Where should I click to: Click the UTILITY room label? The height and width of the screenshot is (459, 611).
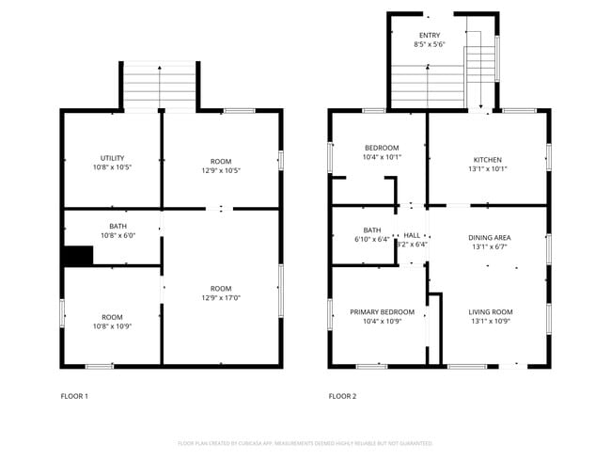(x=113, y=158)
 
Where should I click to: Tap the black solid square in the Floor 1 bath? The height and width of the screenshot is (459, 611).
(x=77, y=256)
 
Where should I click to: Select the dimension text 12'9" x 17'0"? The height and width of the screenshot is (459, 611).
(x=221, y=299)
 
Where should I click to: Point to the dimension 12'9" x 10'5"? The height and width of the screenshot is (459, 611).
(x=221, y=170)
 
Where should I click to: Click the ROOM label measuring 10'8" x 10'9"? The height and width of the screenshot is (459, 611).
(x=113, y=317)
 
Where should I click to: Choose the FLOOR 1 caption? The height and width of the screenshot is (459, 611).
(x=74, y=396)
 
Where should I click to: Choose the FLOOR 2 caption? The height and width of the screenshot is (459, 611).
(x=342, y=396)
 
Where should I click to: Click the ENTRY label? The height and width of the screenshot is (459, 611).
(x=429, y=36)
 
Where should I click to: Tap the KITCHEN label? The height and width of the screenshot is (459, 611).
(x=487, y=159)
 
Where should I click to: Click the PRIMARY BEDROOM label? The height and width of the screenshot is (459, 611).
(x=382, y=311)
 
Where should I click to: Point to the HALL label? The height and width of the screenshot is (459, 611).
(x=412, y=234)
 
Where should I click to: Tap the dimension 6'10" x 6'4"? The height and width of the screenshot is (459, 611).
(x=372, y=240)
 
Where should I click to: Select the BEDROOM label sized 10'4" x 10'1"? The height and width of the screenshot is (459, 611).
(x=382, y=148)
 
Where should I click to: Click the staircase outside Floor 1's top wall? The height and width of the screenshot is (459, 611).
(x=160, y=86)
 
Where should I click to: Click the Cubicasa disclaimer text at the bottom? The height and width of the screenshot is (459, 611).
(x=305, y=442)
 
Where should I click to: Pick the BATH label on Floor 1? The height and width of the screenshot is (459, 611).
(x=117, y=226)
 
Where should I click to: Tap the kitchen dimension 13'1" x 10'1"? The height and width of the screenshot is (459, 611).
(x=487, y=170)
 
